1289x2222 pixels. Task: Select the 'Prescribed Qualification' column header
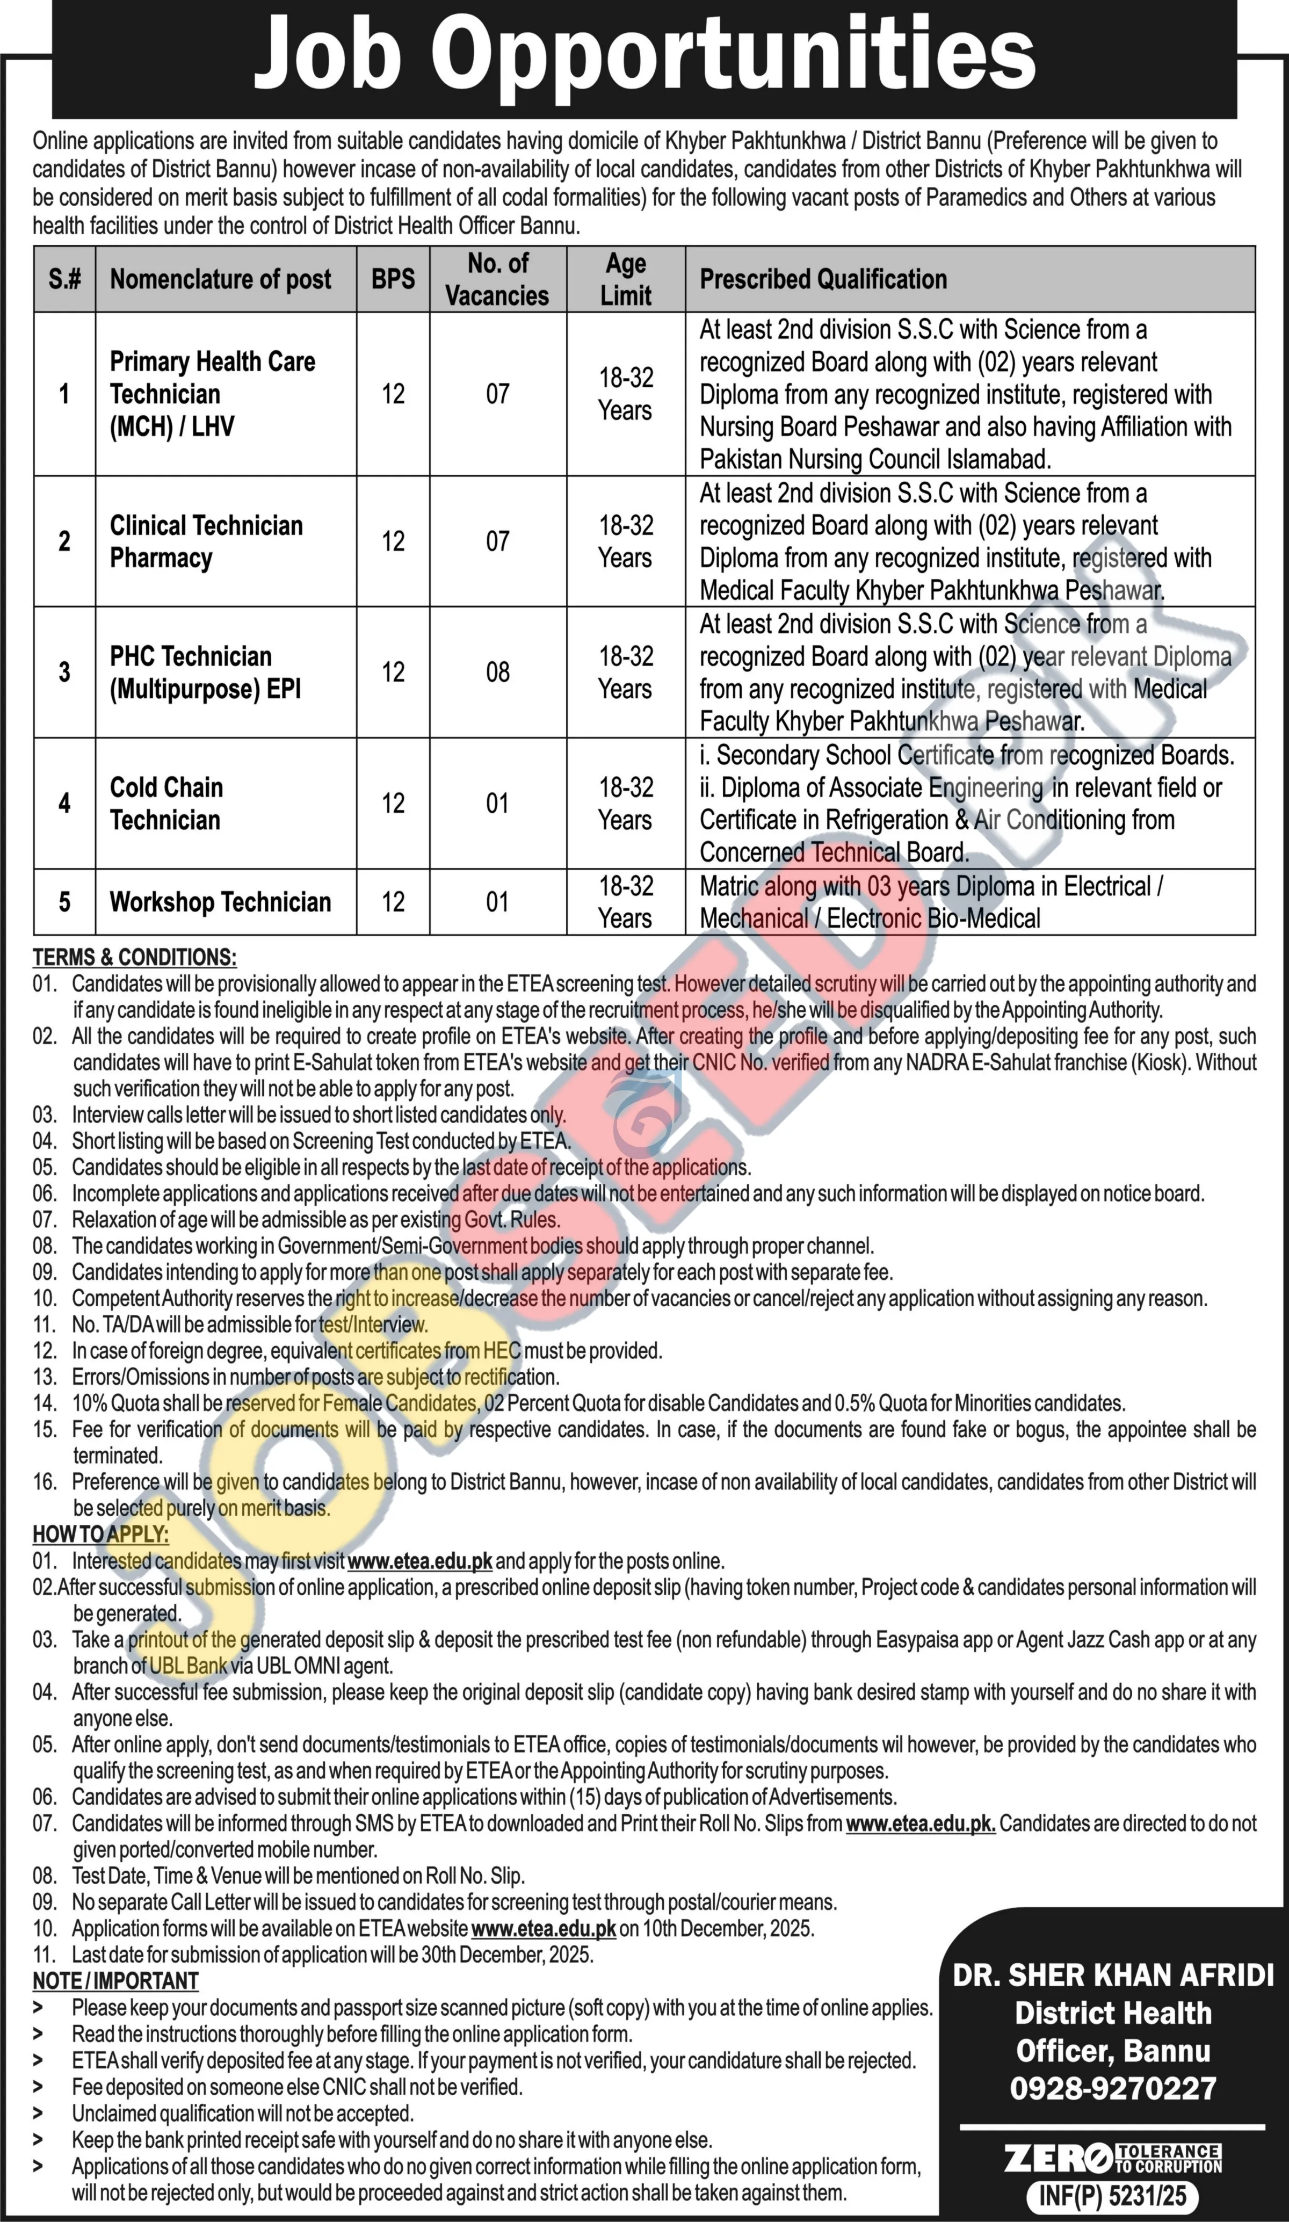pos(823,279)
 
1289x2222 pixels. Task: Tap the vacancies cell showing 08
pos(497,672)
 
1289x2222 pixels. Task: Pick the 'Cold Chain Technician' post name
pos(166,804)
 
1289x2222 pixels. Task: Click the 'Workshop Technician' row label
pos(220,902)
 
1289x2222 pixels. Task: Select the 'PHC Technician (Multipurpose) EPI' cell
pos(205,672)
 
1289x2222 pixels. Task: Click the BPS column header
pos(393,279)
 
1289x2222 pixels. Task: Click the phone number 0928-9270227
pos(1113,2088)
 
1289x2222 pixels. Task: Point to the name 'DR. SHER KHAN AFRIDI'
pos(1113,1975)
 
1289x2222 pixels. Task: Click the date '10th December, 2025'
pos(716,1928)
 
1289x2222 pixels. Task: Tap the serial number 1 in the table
pos(64,394)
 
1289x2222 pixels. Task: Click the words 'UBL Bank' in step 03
pos(188,1666)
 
